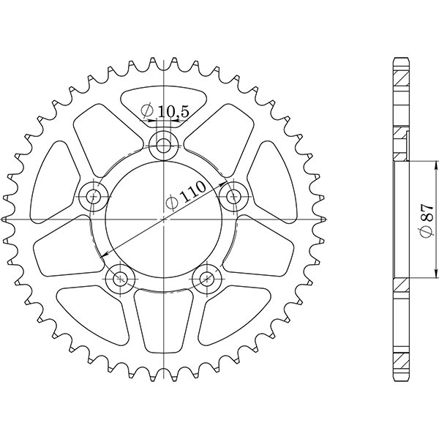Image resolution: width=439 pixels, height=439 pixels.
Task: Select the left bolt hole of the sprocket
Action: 93,195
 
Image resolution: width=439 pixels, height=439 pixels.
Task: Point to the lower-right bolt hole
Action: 208,277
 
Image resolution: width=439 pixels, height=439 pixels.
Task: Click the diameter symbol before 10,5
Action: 147,112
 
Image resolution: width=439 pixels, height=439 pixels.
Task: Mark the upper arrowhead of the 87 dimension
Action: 408,163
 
